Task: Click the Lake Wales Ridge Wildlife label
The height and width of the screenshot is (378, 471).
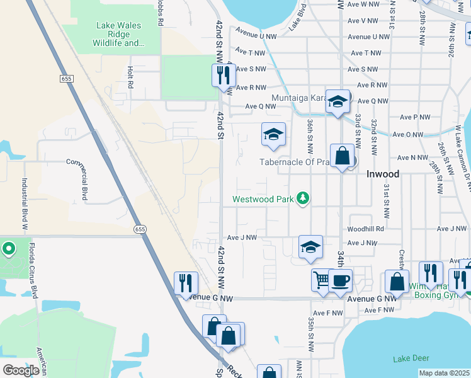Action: click(x=118, y=35)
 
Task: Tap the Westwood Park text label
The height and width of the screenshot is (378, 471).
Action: click(x=264, y=199)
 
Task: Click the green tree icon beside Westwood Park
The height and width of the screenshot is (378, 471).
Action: click(x=304, y=199)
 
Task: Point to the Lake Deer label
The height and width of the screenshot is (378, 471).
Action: click(x=410, y=358)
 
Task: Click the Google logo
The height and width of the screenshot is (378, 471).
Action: click(x=21, y=370)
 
